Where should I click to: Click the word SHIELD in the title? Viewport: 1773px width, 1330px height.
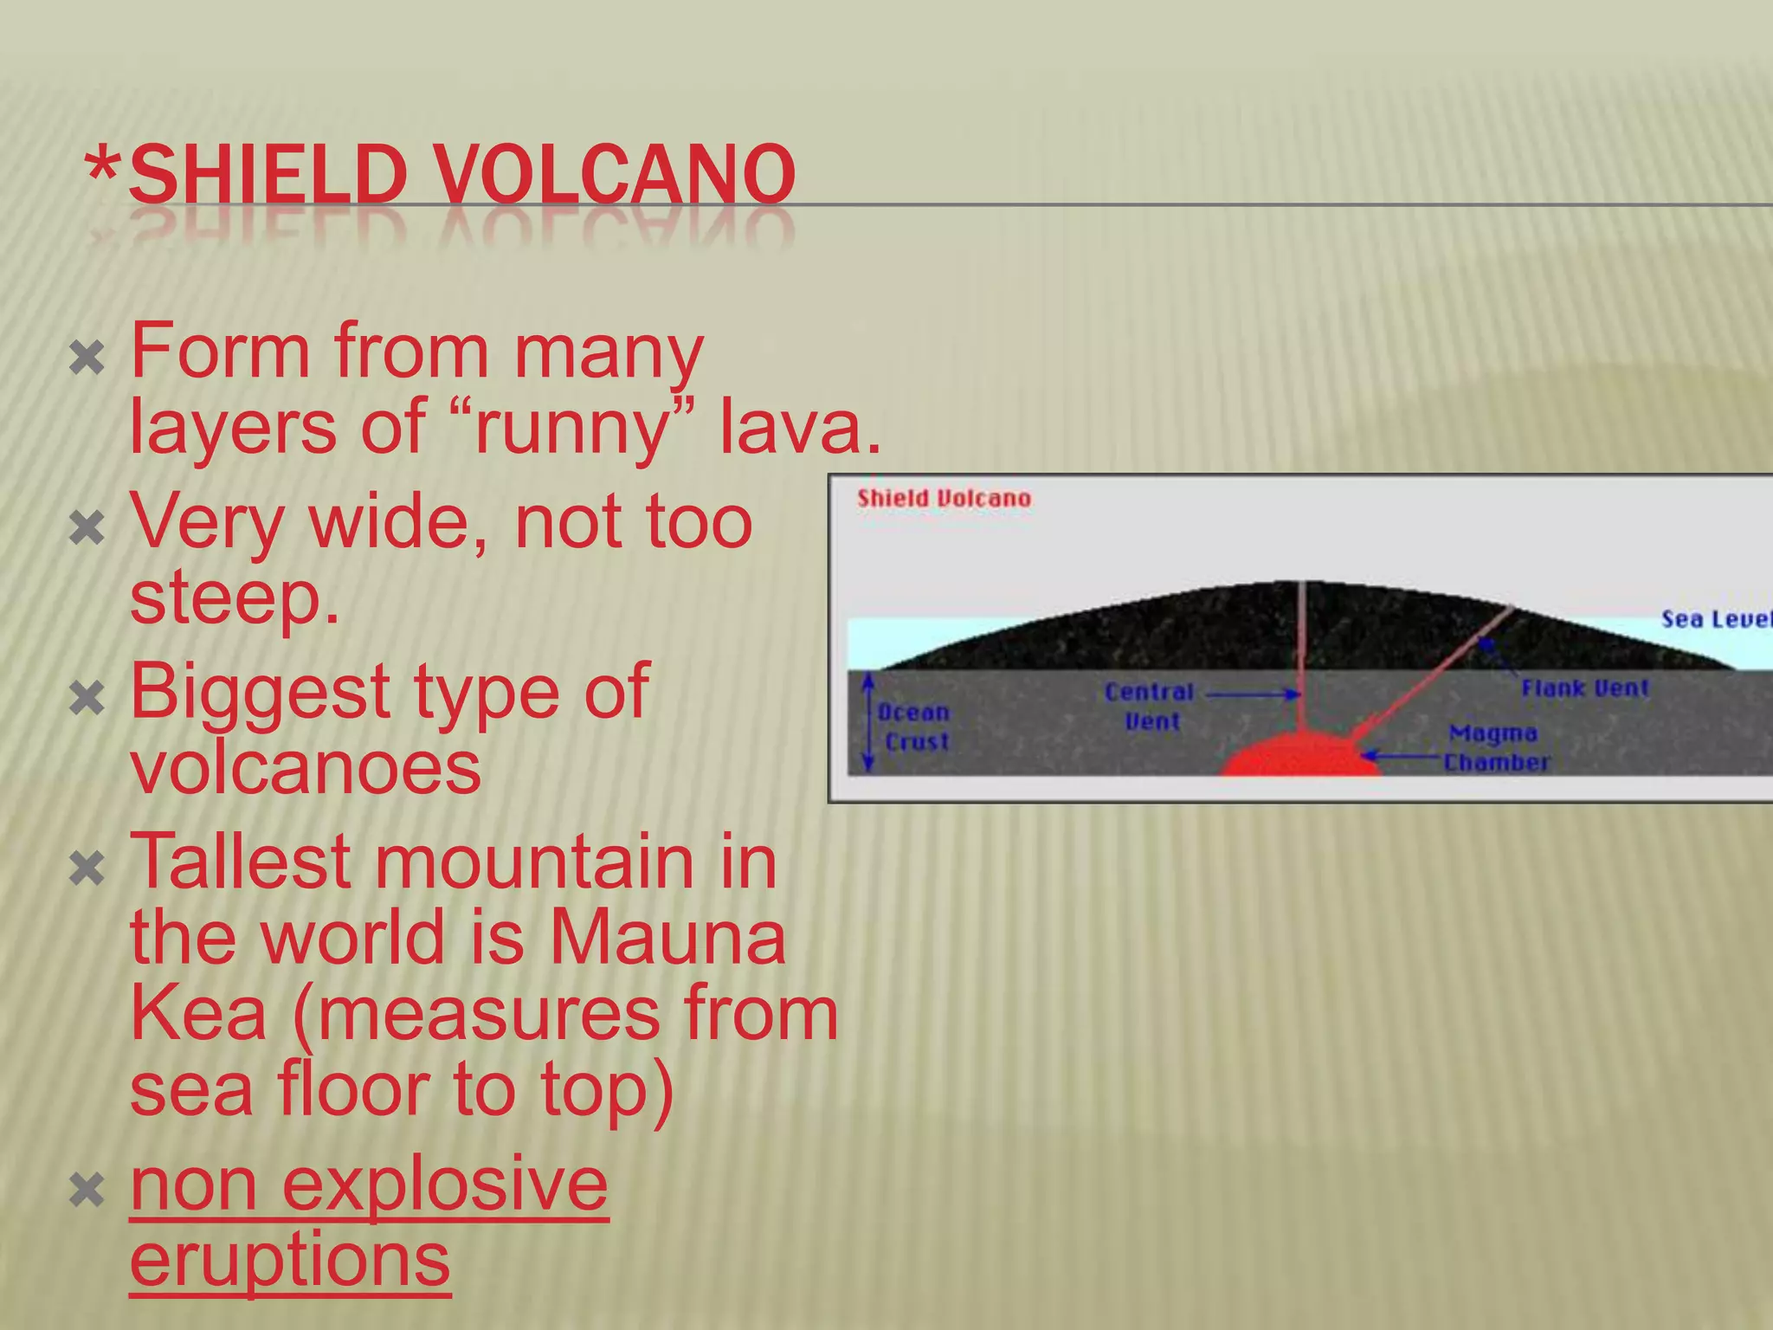click(x=268, y=176)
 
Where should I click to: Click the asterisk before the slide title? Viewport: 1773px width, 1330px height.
click(x=103, y=169)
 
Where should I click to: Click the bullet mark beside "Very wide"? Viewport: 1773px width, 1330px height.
click(x=87, y=527)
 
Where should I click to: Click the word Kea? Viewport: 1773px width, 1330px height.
click(x=198, y=1013)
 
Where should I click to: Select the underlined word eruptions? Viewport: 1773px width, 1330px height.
click(x=290, y=1260)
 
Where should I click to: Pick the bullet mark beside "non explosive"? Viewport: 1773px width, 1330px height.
click(x=87, y=1190)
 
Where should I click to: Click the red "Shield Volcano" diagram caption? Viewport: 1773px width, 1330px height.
click(x=944, y=499)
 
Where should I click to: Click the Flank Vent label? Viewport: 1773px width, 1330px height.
click(x=1584, y=688)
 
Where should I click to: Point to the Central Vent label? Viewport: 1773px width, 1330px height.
click(x=1150, y=707)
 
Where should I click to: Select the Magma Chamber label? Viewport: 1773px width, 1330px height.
click(x=1496, y=748)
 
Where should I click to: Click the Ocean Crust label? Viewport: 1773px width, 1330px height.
click(x=915, y=726)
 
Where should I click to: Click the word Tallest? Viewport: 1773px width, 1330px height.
click(x=240, y=862)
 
